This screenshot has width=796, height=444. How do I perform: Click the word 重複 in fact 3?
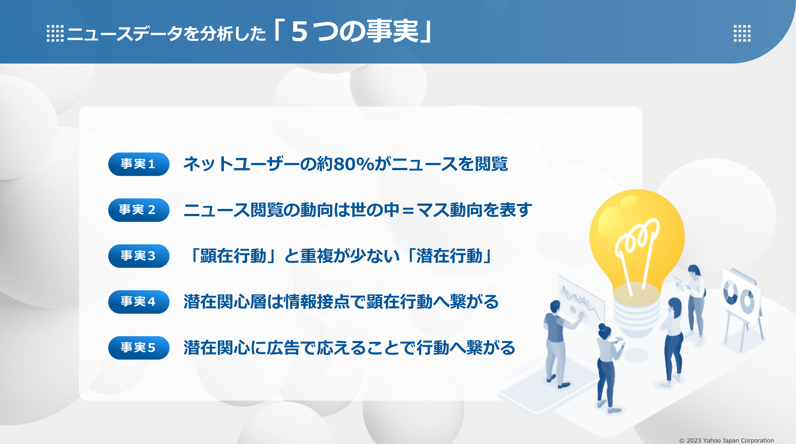point(317,256)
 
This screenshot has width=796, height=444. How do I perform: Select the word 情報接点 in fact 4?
point(317,302)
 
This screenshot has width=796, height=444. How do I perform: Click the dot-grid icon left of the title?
point(55,33)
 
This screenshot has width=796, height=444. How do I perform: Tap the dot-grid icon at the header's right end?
point(742,33)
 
